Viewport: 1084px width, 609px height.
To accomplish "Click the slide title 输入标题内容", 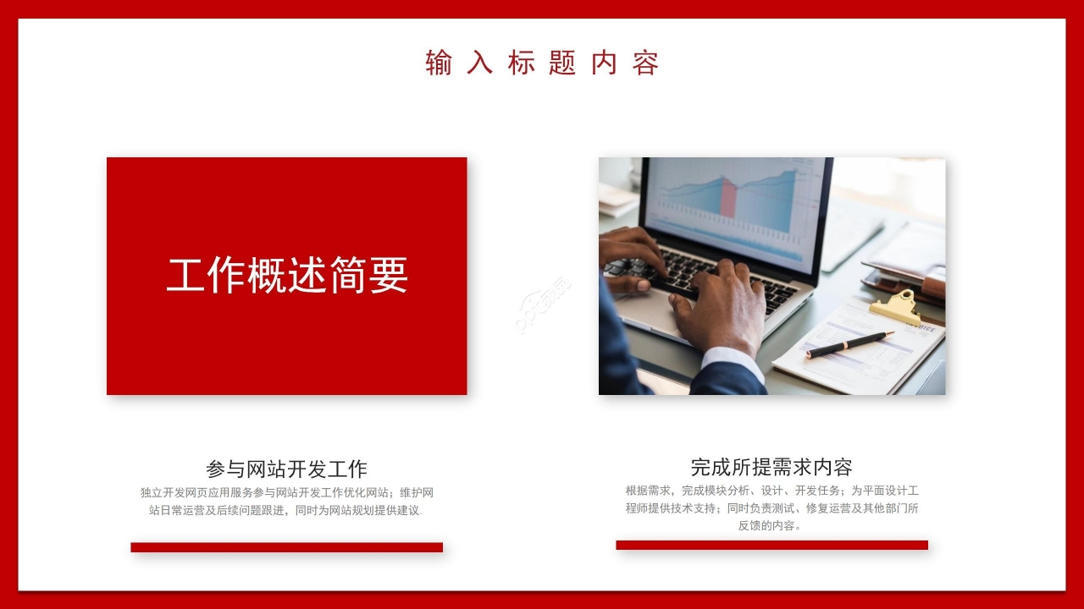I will pos(542,63).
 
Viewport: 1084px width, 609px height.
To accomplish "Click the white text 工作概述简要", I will pos(287,275).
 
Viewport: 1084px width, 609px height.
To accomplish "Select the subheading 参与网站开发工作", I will pos(286,469).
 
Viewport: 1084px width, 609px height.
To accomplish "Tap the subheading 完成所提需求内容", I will pos(772,466).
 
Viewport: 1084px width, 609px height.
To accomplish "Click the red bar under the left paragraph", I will pos(286,547).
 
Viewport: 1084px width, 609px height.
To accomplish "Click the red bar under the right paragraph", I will pos(772,545).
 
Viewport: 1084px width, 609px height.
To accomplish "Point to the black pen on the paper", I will pos(849,344).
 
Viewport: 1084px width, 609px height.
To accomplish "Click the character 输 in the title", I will pos(439,63).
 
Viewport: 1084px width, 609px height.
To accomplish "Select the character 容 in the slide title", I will pos(645,63).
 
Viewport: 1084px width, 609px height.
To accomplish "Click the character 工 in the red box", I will pos(186,275).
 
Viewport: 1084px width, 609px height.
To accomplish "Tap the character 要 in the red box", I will pos(388,275).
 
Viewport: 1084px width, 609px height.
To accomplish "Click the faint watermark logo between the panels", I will pos(543,304).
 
